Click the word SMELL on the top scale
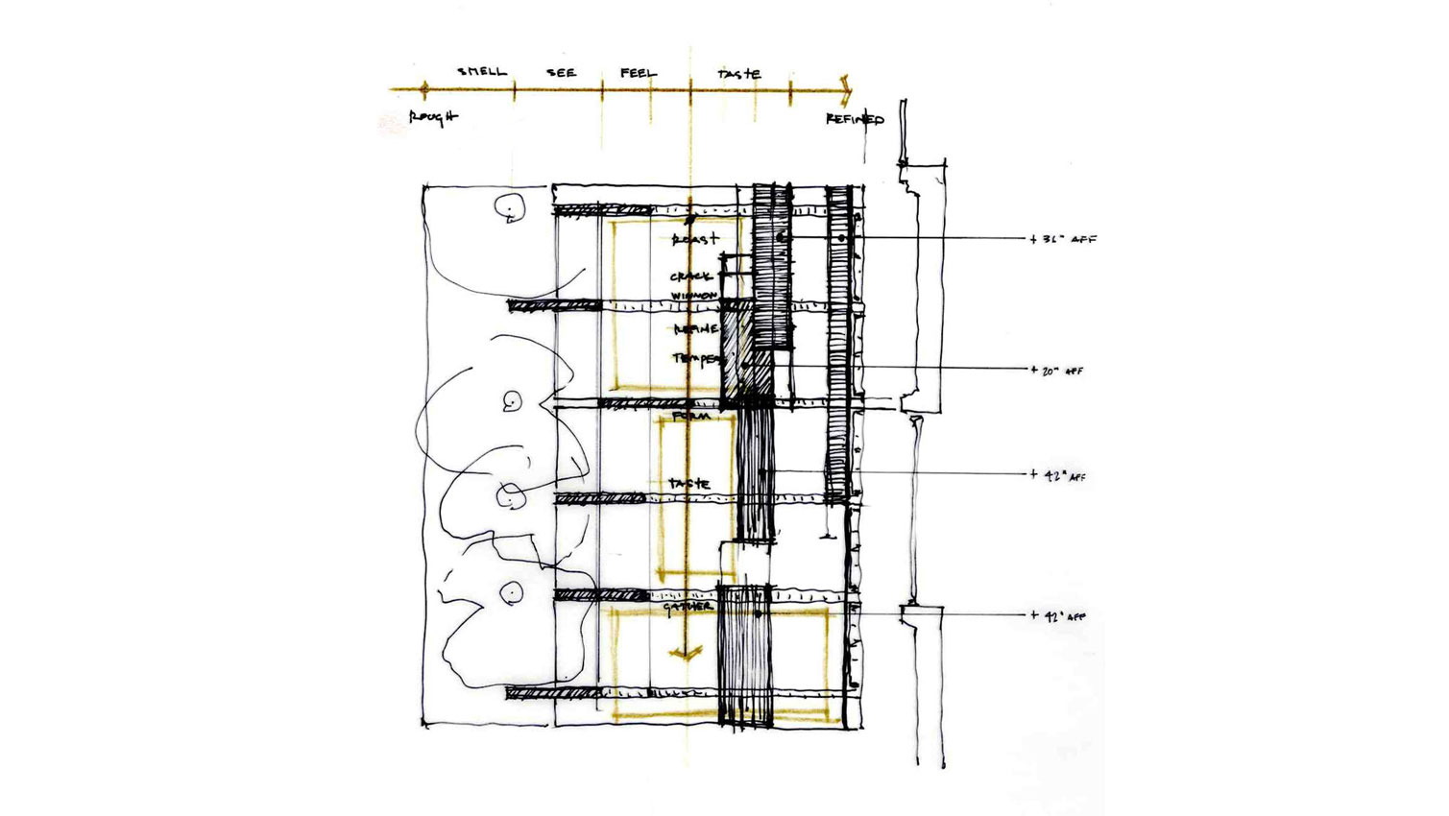click(481, 71)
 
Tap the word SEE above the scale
click(561, 72)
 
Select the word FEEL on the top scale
click(639, 72)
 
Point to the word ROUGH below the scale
click(433, 117)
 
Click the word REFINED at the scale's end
click(855, 119)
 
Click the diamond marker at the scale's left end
click(424, 89)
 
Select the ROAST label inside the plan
click(695, 238)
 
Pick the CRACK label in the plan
click(690, 276)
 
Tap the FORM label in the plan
click(691, 417)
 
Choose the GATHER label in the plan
click(688, 607)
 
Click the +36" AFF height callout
click(1064, 239)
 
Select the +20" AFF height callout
click(1057, 371)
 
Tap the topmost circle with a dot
click(508, 206)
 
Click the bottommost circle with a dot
click(512, 592)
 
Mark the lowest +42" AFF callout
click(1059, 616)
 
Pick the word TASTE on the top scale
click(739, 73)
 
